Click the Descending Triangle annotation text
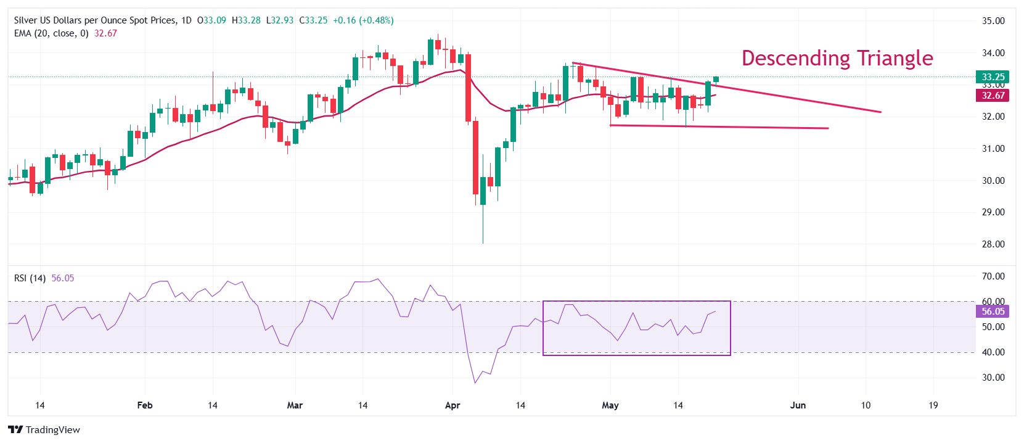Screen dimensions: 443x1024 tap(837, 58)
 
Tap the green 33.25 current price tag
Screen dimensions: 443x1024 tap(993, 77)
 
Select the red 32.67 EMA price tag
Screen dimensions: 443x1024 tap(993, 95)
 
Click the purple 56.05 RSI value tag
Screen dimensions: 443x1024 tap(993, 312)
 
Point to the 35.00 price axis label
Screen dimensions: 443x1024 tap(993, 21)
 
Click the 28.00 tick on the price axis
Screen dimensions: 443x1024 tap(993, 244)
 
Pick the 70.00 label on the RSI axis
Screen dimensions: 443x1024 tap(993, 276)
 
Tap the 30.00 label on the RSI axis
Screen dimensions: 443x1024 tap(993, 378)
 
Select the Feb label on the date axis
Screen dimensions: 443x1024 tap(145, 405)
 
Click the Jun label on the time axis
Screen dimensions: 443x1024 tap(798, 405)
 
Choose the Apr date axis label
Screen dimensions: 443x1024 tap(453, 405)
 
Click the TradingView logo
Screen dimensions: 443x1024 tap(44, 430)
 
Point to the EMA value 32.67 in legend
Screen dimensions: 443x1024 tap(105, 33)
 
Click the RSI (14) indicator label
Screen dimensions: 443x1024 tap(30, 278)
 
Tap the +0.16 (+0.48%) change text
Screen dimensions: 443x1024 tap(363, 20)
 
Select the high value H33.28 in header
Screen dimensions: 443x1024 tap(246, 20)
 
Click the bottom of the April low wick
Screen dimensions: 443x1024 tap(483, 242)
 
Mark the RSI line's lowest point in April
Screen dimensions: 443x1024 tap(475, 383)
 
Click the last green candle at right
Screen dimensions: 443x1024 tap(716, 79)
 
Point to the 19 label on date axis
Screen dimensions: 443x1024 tap(933, 405)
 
